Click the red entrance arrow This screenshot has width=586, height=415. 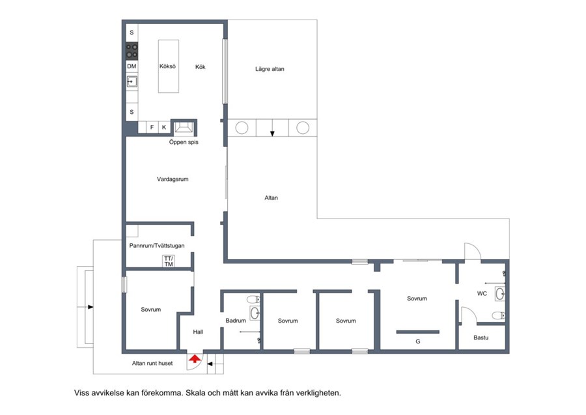[194, 359]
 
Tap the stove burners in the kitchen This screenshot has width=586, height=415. [132, 51]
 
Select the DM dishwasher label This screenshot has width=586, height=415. [132, 66]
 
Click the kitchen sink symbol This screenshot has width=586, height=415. [132, 81]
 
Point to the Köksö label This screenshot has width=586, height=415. [167, 66]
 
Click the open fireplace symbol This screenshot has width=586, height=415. [184, 127]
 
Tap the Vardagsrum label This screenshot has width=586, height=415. [173, 179]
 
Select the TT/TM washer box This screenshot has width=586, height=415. [169, 261]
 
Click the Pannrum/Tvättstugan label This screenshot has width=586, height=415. [157, 246]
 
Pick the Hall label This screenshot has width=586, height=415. [198, 332]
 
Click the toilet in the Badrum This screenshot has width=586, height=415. [253, 299]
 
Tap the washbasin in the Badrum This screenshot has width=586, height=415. [255, 313]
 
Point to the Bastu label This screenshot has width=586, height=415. [481, 338]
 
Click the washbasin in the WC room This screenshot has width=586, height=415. [500, 294]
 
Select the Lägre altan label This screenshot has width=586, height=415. [270, 69]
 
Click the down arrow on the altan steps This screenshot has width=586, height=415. [272, 128]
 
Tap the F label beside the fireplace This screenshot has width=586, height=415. [152, 127]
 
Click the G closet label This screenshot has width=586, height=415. [418, 341]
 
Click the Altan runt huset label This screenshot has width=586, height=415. [152, 363]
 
